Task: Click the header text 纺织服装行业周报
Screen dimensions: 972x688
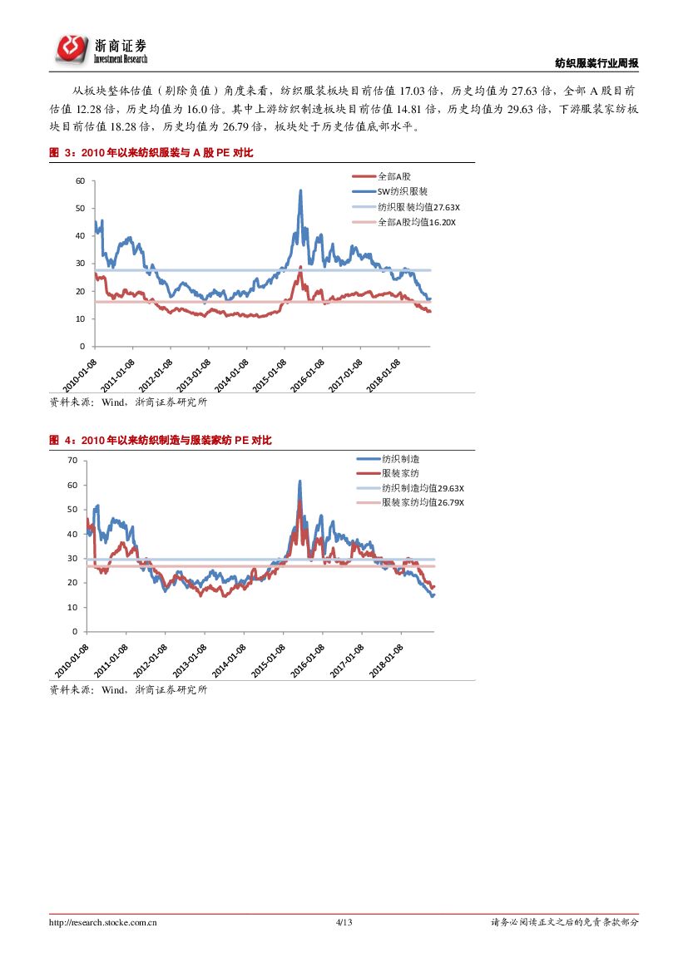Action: click(x=596, y=63)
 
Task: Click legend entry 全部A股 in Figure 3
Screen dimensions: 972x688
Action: click(x=394, y=176)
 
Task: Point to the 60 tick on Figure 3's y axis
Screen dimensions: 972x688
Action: click(x=80, y=180)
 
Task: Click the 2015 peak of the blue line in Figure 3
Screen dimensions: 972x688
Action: click(x=299, y=191)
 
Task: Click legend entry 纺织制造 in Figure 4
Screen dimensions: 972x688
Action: click(x=400, y=459)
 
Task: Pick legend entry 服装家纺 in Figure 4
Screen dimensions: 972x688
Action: click(x=400, y=473)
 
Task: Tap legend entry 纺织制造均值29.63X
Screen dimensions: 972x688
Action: click(x=423, y=488)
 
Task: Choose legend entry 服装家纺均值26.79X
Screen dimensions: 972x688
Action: click(x=423, y=502)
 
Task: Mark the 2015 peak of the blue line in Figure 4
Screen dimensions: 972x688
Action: click(x=299, y=481)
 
